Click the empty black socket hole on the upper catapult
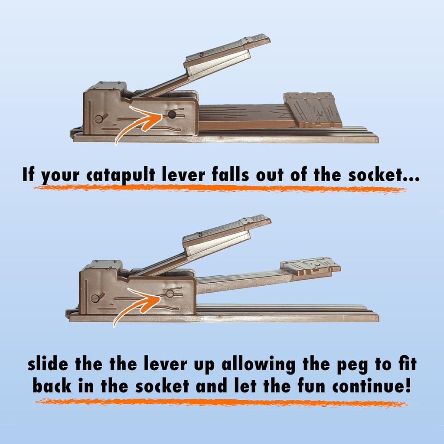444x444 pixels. tap(172, 114)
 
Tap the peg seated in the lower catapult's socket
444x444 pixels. tap(170, 294)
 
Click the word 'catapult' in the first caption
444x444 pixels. tap(121, 176)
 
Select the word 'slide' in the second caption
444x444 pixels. tap(48, 364)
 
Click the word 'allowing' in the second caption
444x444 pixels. tap(258, 365)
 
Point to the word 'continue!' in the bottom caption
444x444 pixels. tap(372, 385)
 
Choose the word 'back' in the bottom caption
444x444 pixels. tap(52, 385)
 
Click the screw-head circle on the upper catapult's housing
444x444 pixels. tap(98, 119)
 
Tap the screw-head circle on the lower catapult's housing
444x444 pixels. tap(95, 298)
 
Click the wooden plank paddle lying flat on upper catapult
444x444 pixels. tap(313, 109)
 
